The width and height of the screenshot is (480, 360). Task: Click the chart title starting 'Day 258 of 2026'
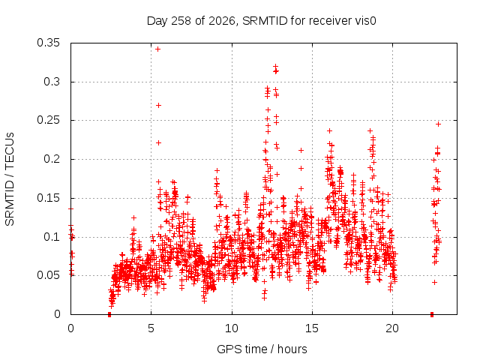tap(262, 21)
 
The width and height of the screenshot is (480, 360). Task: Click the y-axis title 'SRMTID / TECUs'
tap(10, 179)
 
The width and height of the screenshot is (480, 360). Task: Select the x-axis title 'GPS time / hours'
tap(262, 349)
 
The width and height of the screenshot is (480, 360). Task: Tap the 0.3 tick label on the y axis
tap(52, 82)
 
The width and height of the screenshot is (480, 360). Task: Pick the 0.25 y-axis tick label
tap(48, 120)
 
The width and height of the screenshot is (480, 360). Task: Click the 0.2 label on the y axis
tap(52, 159)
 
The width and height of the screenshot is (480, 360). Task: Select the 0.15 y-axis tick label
tap(48, 198)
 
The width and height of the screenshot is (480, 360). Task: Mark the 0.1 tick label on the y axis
tap(52, 237)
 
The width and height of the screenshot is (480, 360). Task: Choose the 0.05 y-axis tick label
tap(48, 275)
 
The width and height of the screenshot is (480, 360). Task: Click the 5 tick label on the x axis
tap(151, 328)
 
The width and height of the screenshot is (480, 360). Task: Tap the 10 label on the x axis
tap(232, 328)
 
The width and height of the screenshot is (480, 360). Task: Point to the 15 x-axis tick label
tap(312, 328)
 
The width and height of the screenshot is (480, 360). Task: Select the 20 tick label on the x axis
tap(392, 328)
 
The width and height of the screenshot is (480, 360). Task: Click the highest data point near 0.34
tap(158, 49)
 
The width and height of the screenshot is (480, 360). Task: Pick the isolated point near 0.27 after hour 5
tap(158, 105)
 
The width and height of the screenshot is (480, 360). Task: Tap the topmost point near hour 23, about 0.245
tap(438, 124)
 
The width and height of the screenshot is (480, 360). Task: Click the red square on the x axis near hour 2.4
tap(109, 314)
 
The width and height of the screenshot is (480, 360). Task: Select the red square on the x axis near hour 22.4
tap(432, 314)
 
